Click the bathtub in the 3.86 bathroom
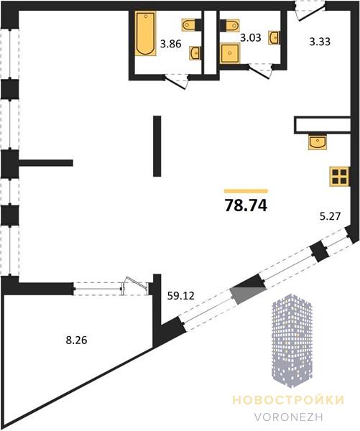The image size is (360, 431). (145, 33)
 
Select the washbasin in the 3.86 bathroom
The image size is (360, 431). (195, 52)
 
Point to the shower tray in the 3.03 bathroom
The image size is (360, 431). (230, 53)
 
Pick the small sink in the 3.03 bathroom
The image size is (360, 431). (274, 37)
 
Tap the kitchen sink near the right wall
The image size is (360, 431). (318, 142)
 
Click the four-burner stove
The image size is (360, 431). (340, 177)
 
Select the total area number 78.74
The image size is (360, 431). (246, 205)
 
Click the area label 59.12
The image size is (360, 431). (180, 296)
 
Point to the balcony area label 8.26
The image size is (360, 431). (76, 340)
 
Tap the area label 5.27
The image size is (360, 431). (330, 216)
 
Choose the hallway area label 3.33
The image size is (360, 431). (320, 42)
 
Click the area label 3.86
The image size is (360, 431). (171, 44)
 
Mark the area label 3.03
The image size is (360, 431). (251, 37)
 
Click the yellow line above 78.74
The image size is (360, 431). (246, 191)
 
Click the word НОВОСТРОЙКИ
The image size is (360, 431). (288, 400)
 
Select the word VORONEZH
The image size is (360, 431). (288, 417)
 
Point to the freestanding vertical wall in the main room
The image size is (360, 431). (157, 146)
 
